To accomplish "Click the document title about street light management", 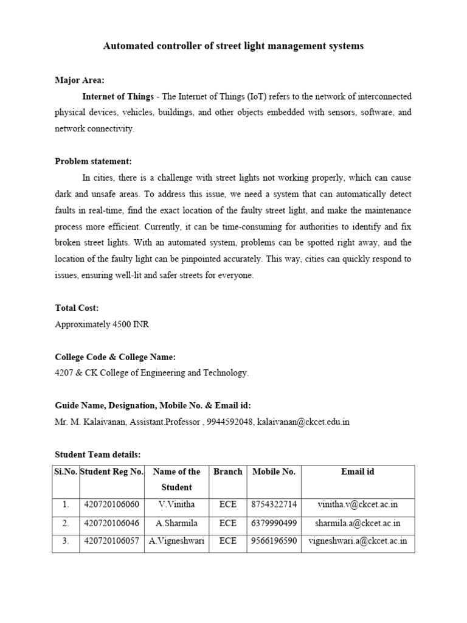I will click(233, 46).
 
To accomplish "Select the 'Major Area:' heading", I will click(79, 80).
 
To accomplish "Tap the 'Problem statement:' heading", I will click(93, 161).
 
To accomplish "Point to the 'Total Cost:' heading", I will click(77, 308).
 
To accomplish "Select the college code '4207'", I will click(65, 373).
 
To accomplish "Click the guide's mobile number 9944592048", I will click(230, 422).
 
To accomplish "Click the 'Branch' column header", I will click(227, 472).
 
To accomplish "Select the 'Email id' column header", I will click(358, 472).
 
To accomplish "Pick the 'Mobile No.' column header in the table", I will click(274, 472).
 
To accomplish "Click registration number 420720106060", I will click(111, 504).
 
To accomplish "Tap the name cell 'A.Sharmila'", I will click(176, 523).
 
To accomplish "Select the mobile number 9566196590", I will click(274, 541).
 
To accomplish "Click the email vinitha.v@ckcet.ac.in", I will click(358, 504).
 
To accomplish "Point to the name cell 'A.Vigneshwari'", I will click(176, 541).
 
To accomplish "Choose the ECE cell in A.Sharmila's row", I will click(227, 523).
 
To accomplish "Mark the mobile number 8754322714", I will click(274, 504).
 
